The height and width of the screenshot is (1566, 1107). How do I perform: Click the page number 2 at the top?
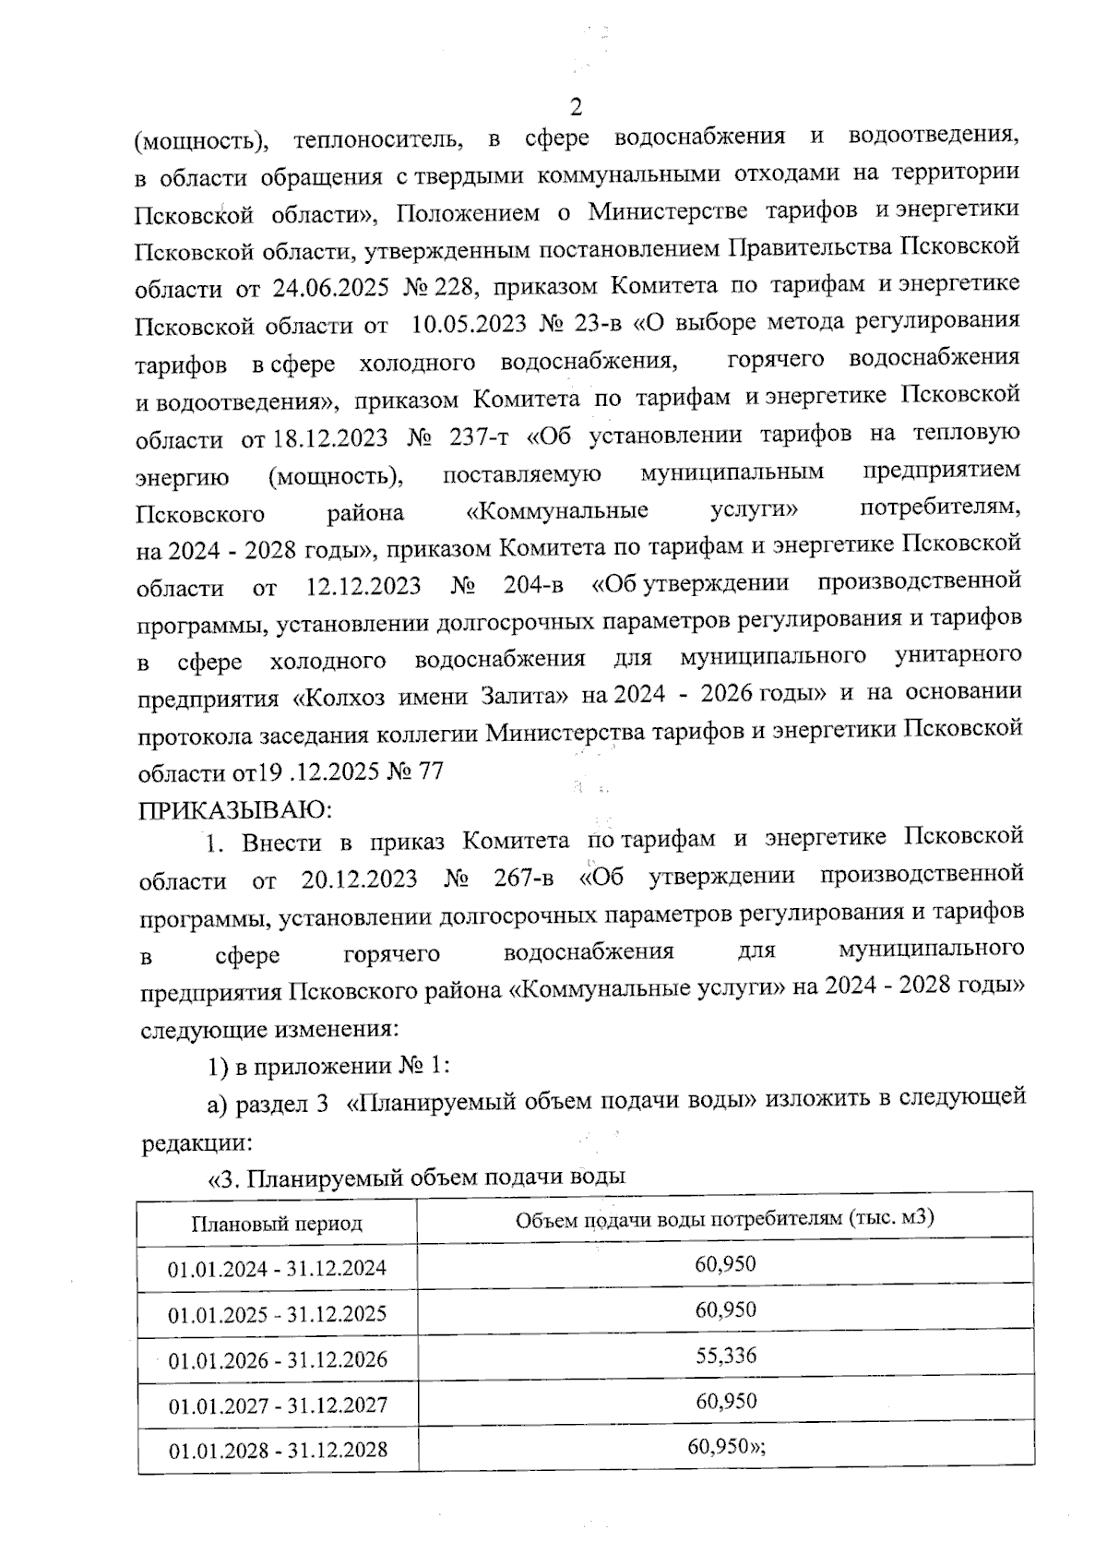tap(577, 108)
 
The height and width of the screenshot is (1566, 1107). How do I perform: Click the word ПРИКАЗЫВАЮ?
tap(234, 811)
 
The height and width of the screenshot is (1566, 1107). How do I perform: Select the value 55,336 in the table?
tap(726, 1356)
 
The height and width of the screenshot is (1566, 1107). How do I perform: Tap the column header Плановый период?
tap(277, 1224)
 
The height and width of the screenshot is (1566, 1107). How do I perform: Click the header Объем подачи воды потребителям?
tap(725, 1218)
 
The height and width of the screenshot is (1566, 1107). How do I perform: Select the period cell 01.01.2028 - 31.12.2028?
tap(278, 1451)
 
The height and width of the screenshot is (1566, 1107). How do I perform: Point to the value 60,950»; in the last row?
tap(727, 1446)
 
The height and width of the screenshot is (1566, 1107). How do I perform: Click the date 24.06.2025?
tap(329, 287)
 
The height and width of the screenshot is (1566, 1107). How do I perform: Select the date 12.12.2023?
tap(363, 586)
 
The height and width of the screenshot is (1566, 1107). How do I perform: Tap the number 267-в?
tap(523, 879)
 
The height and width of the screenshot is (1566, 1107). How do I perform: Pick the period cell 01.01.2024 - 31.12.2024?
tap(277, 1269)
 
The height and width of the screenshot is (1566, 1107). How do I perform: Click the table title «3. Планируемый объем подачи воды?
tap(417, 1177)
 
